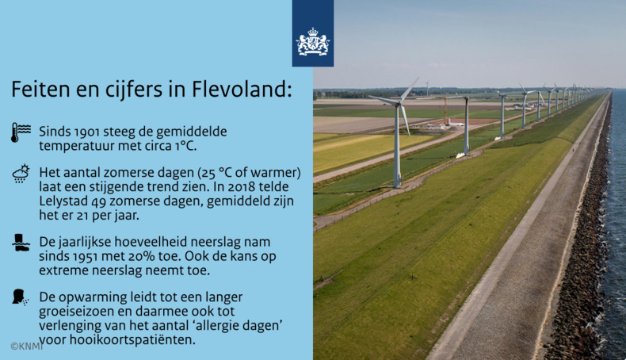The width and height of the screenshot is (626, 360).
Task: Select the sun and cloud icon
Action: click(x=21, y=174)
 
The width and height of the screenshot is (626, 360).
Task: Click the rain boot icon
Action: click(x=21, y=243)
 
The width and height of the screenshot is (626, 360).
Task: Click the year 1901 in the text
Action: click(x=92, y=130)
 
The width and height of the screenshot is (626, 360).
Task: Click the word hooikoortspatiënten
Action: click(x=132, y=340)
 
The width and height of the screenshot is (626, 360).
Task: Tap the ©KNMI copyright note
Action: click(x=26, y=347)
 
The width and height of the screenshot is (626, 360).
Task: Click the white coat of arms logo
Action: click(x=312, y=43)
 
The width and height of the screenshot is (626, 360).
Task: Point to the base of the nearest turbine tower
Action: click(x=396, y=185)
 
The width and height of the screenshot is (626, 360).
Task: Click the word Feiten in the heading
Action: click(x=38, y=90)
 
